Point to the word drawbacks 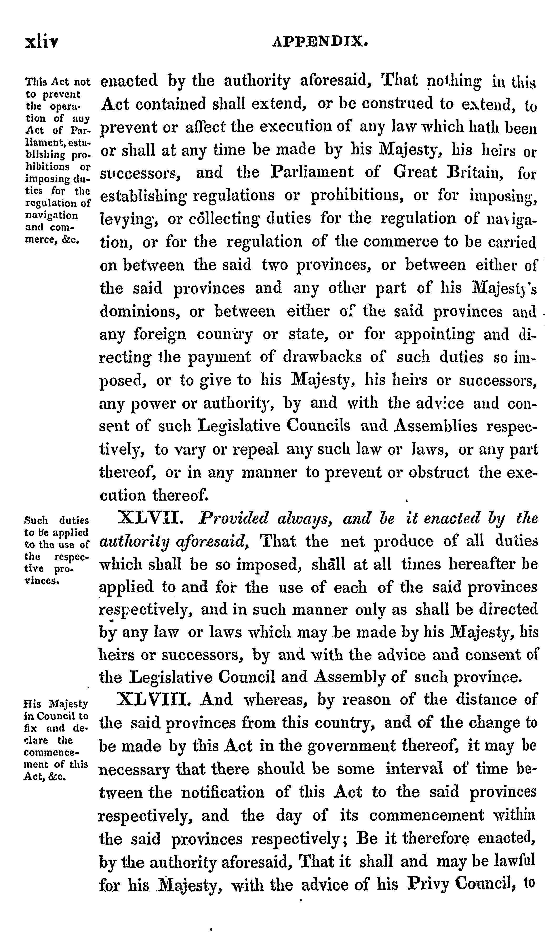pos(322,357)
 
